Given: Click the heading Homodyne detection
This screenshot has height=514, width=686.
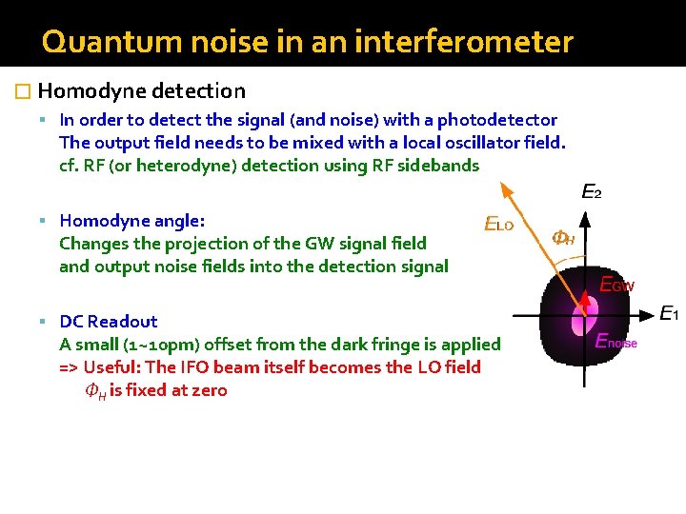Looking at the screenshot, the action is click(142, 91).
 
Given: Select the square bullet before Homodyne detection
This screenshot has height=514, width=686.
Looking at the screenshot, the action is click(25, 92).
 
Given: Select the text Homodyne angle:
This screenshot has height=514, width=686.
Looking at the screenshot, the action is click(131, 221).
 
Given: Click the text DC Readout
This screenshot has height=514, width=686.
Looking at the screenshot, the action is click(108, 322).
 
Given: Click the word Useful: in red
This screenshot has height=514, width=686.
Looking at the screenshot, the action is click(118, 367).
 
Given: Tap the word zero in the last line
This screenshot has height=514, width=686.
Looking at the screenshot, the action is click(207, 390).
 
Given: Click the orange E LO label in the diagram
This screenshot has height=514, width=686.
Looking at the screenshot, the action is click(498, 225).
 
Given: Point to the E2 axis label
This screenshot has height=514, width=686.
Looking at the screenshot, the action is click(591, 192).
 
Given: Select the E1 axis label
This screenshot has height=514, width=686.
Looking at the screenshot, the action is click(669, 313).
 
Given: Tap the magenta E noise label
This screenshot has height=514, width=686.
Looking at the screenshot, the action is click(615, 341).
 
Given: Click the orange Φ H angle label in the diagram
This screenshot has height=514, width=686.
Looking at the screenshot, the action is click(562, 238).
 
